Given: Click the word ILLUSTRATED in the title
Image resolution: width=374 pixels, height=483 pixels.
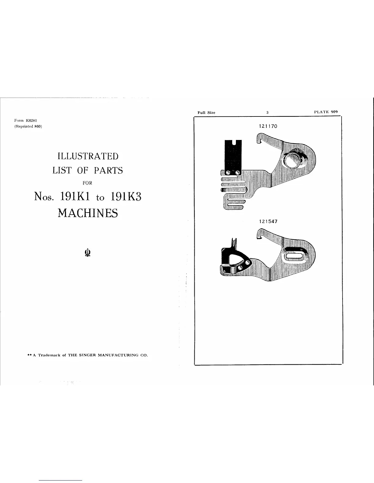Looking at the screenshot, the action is pos(88,156).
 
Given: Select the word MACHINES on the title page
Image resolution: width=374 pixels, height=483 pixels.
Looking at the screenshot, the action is pos(88,213).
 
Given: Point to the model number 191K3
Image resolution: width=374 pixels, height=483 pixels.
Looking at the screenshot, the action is pos(125,197).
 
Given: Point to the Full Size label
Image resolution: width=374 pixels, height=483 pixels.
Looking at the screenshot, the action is pos(206,113).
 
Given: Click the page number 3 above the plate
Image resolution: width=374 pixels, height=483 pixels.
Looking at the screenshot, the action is pos(267,113).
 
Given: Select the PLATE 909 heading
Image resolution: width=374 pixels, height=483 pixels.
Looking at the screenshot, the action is pos(326,112).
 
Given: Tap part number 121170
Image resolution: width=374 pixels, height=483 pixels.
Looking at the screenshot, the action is pos(267,126).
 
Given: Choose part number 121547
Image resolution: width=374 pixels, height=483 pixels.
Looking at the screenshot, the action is pos(267,221).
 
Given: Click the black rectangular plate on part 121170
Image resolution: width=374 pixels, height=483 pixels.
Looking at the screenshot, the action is pos(233,156).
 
